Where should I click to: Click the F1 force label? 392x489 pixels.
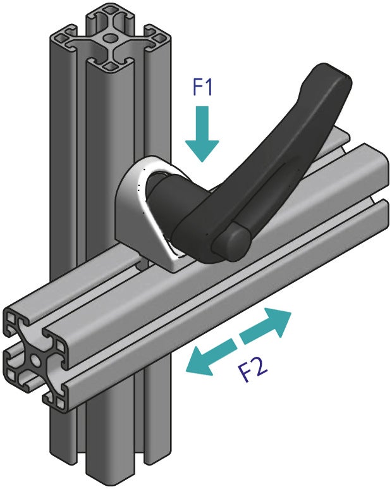click(202, 87)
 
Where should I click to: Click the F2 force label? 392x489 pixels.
click(254, 368)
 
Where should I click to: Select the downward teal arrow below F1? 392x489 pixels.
click(202, 132)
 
